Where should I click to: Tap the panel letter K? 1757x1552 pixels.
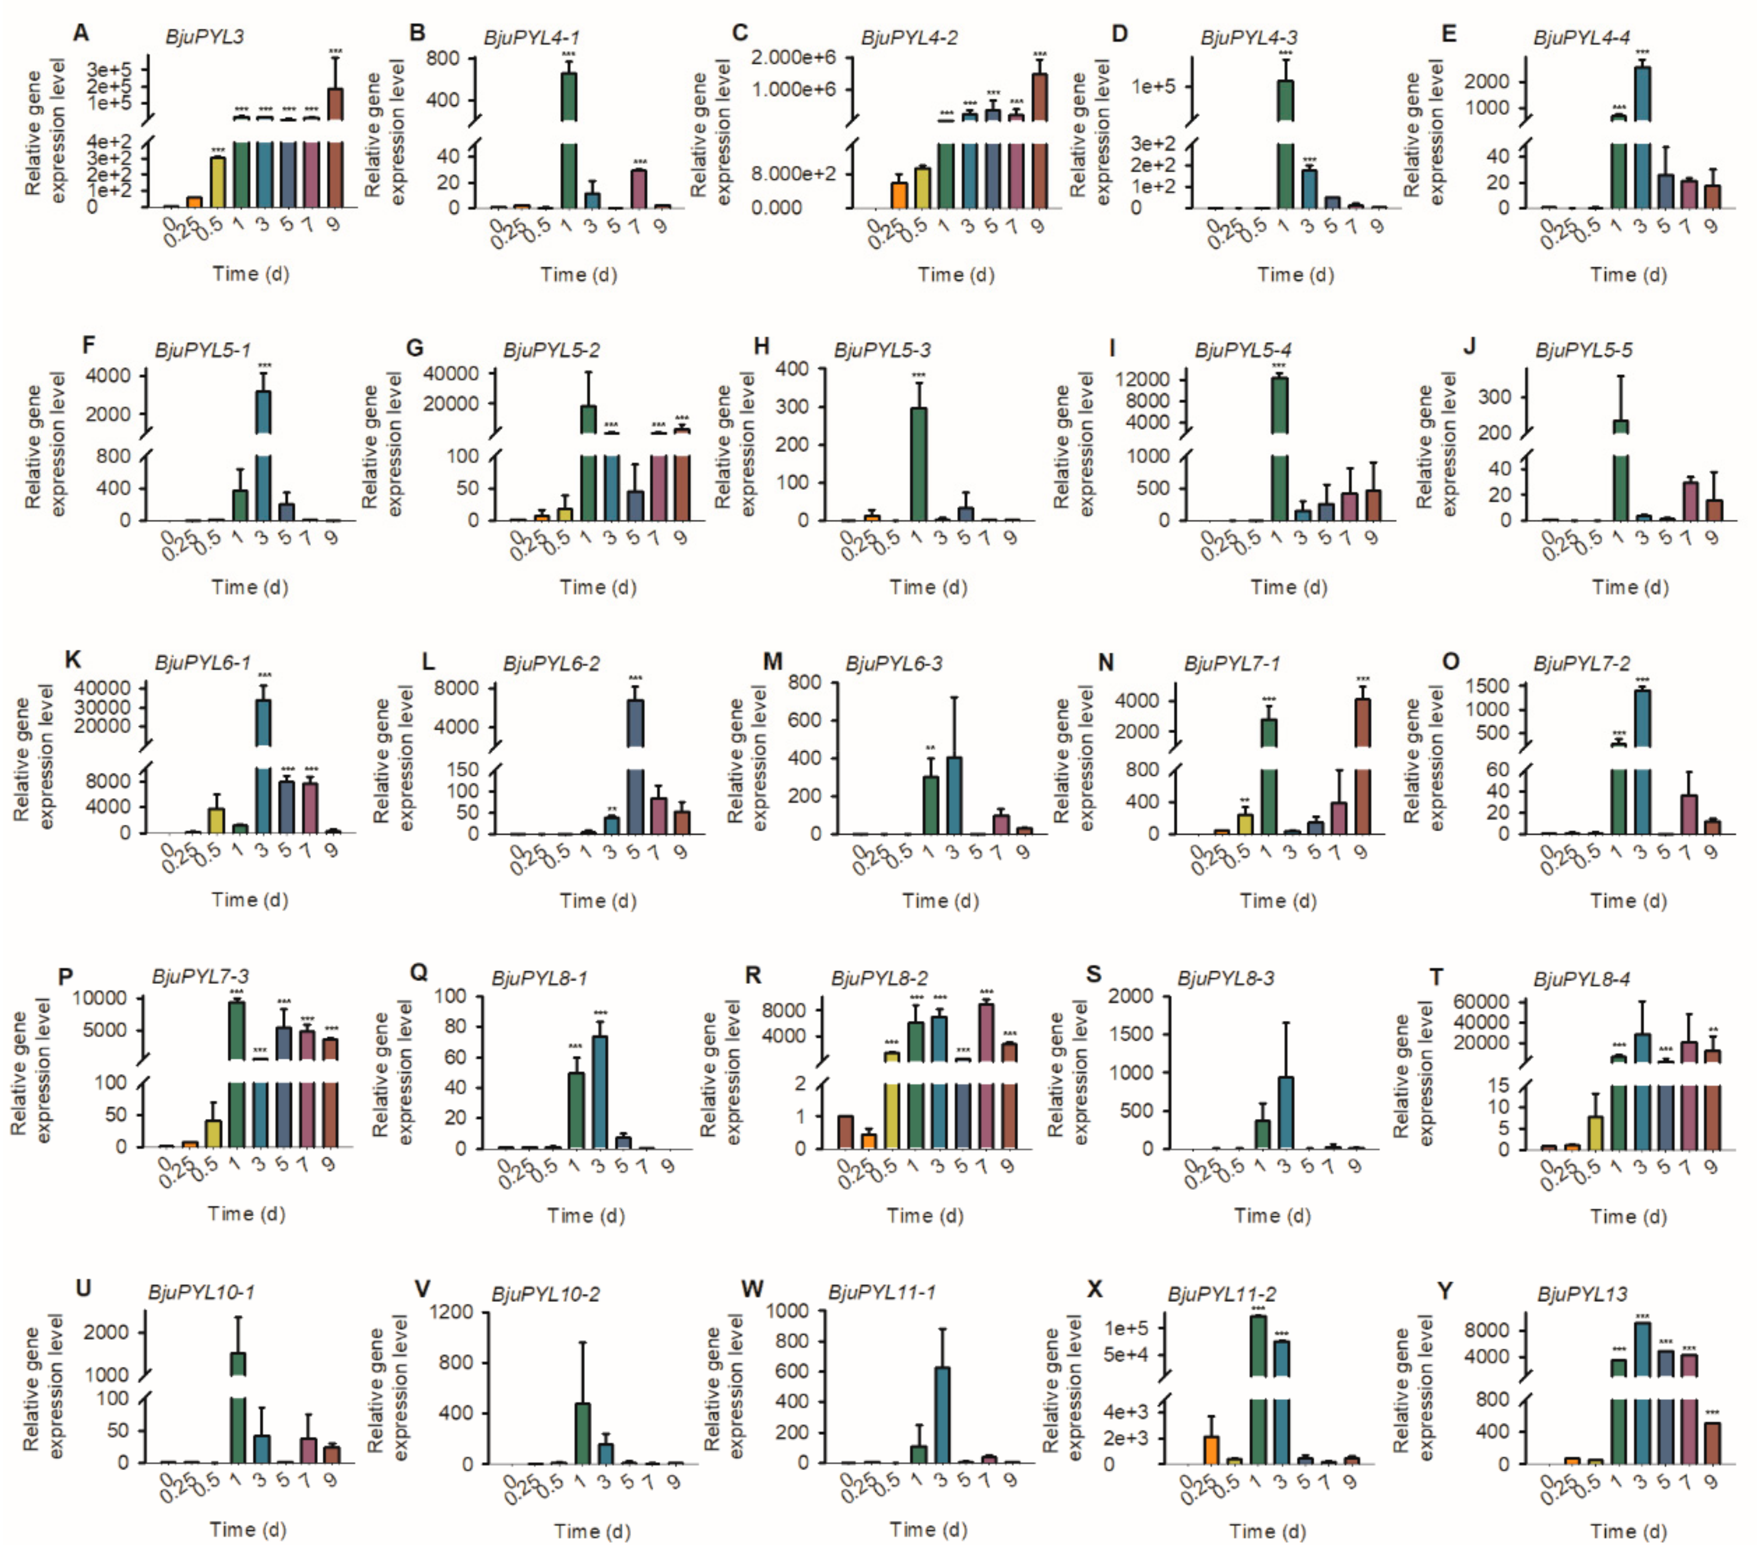(73, 660)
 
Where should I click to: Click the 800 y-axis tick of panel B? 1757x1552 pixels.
(443, 58)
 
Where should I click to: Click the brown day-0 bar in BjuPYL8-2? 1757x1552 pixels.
(846, 1131)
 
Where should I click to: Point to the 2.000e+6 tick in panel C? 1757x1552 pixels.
(793, 58)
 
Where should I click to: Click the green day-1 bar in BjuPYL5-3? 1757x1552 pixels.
(918, 464)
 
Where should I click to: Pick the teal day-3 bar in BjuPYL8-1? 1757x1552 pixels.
(599, 1092)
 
